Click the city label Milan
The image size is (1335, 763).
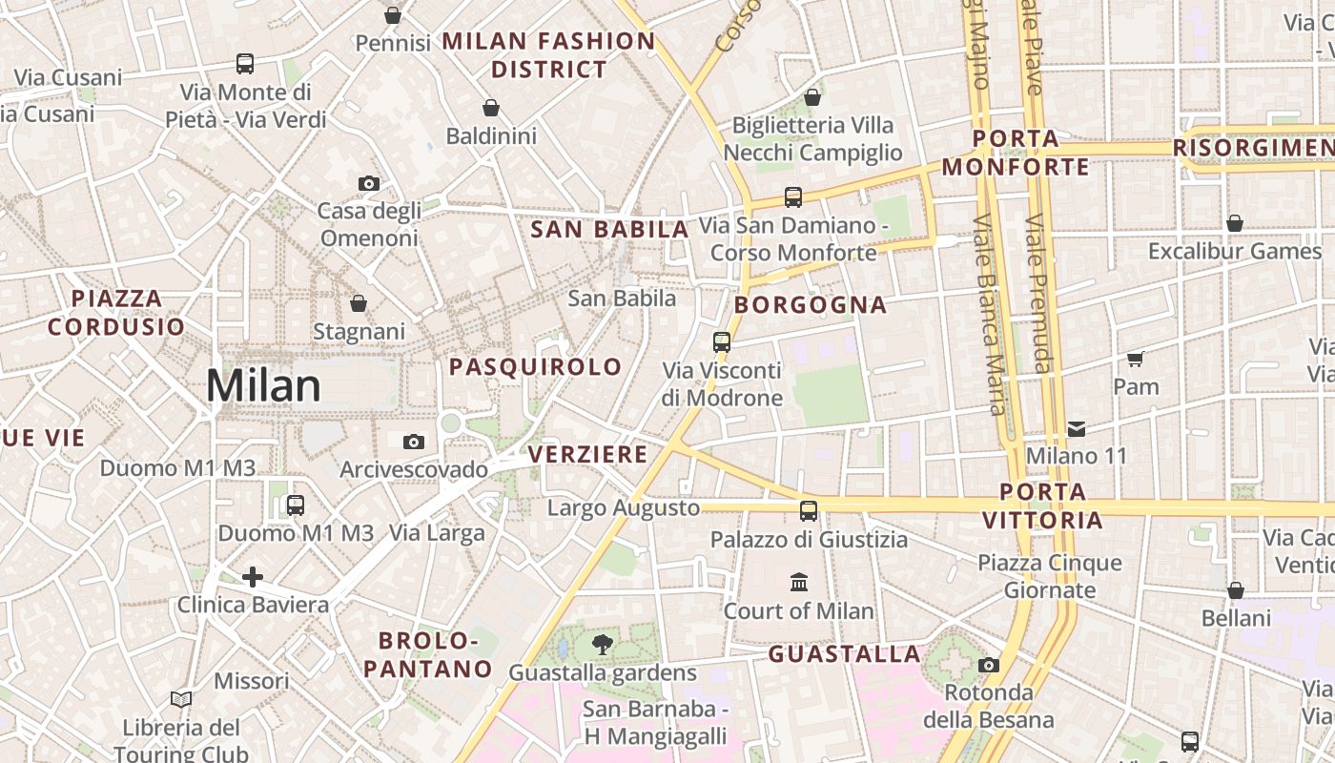[x=264, y=386]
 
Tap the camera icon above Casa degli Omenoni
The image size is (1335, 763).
[x=369, y=183]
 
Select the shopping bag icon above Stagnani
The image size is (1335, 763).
[x=359, y=303]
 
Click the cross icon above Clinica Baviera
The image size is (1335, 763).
[x=253, y=576]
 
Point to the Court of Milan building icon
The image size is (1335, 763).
[x=799, y=582]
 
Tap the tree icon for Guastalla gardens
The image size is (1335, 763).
[x=602, y=645]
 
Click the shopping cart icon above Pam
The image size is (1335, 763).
[x=1135, y=359]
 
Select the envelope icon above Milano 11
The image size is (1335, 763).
[x=1077, y=428]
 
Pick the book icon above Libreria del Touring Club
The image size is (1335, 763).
[x=181, y=699]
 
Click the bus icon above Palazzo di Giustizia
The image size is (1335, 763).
[x=809, y=511]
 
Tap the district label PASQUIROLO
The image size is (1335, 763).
[x=535, y=367]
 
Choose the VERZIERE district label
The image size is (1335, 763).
[x=588, y=454]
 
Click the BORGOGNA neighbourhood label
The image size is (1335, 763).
[x=811, y=305]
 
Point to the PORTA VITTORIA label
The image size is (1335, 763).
[x=1042, y=506]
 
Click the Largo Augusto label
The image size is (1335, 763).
[x=623, y=508]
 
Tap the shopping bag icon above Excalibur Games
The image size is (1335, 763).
[x=1235, y=223]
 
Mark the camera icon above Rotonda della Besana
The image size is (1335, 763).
[x=989, y=665]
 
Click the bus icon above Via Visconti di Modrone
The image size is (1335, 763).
[x=722, y=341]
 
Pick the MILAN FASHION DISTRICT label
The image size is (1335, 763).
[x=549, y=55]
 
